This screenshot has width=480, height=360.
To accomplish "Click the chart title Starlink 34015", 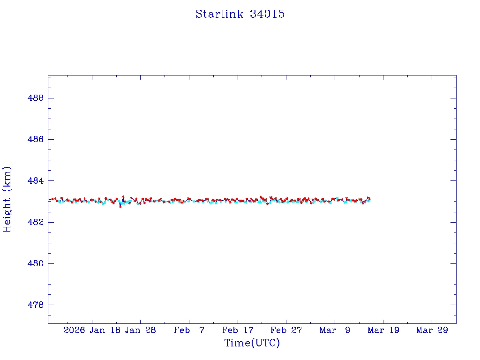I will coord(240,14).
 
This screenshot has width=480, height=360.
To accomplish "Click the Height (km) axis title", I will coord(7,199).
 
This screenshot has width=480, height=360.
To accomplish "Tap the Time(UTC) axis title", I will coord(252,343).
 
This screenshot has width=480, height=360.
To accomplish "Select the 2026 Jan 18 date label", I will coord(91,330).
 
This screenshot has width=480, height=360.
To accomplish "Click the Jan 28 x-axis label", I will coord(140,330).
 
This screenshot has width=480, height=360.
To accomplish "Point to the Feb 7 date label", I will coord(189,330).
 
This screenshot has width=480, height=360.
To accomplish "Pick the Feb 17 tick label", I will coord(238,330).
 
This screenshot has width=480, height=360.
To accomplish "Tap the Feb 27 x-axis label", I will coord(286,330).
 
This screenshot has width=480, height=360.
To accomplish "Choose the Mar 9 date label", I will coord(335,330).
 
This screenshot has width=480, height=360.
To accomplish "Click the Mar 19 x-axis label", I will coord(383,330).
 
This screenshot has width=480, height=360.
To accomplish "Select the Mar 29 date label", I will coord(432,330).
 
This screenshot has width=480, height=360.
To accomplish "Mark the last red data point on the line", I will coord(369,199).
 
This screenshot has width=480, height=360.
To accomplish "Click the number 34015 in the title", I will coord(267,14).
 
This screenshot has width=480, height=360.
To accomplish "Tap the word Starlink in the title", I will coord(220,14).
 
